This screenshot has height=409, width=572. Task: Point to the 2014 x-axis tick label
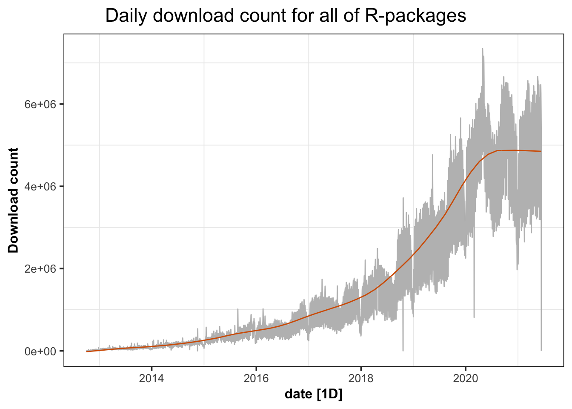(152, 378)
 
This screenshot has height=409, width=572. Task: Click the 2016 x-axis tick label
(256, 378)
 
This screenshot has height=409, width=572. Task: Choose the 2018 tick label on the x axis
(361, 378)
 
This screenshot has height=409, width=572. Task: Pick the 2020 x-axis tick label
(466, 378)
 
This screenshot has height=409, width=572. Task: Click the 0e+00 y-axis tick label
(41, 351)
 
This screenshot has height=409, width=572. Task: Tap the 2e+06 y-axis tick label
(41, 269)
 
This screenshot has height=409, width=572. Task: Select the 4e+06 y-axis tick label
(41, 187)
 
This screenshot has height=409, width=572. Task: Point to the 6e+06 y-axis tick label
(41, 104)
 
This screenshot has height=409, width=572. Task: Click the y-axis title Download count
(14, 200)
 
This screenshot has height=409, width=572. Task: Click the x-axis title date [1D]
(314, 395)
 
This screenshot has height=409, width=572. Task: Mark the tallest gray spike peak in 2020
(482, 49)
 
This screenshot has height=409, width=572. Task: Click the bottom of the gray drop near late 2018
(403, 351)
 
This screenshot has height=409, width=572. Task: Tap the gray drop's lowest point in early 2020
(474, 317)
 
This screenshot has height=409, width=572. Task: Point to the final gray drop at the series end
(541, 350)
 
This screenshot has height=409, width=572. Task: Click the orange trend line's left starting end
(87, 351)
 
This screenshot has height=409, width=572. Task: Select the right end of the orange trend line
(541, 151)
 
